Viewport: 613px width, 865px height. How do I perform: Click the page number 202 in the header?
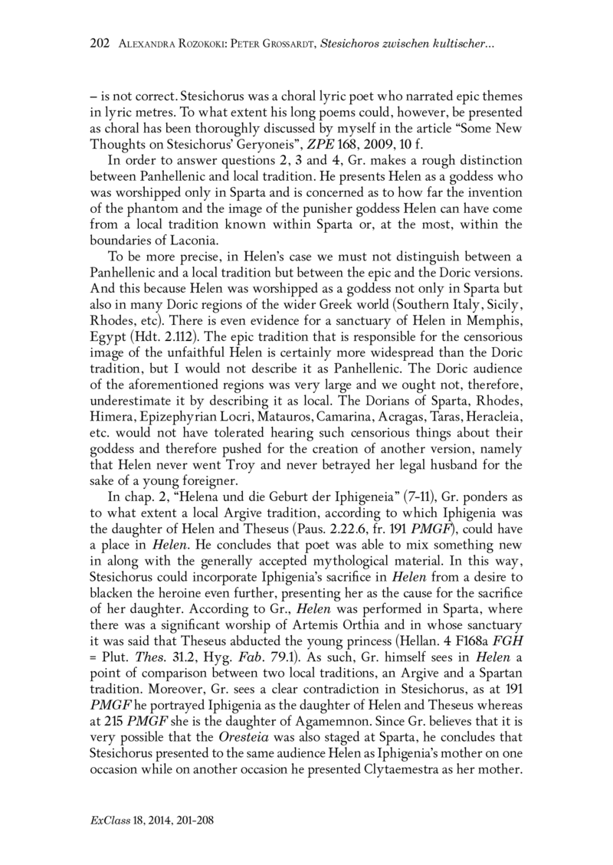[100, 44]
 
